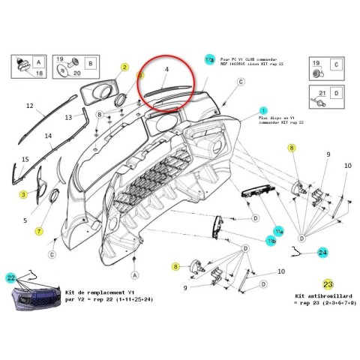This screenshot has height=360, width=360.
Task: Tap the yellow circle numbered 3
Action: coord(23,195)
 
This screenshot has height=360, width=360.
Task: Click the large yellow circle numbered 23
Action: coord(328,284)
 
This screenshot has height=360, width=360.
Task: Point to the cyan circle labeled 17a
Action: coord(209,58)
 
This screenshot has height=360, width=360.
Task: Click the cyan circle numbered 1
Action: coord(262,109)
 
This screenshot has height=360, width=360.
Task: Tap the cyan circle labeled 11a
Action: coord(278,229)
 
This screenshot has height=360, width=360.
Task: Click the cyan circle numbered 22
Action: coord(11,278)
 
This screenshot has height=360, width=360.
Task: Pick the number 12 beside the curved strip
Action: coord(30,106)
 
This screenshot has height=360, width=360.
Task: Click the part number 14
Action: coord(48,136)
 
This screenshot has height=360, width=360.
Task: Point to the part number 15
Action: coord(25,160)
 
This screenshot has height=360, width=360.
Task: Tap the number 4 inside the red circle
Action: coord(167,70)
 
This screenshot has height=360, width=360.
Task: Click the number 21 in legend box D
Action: coord(321,93)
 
